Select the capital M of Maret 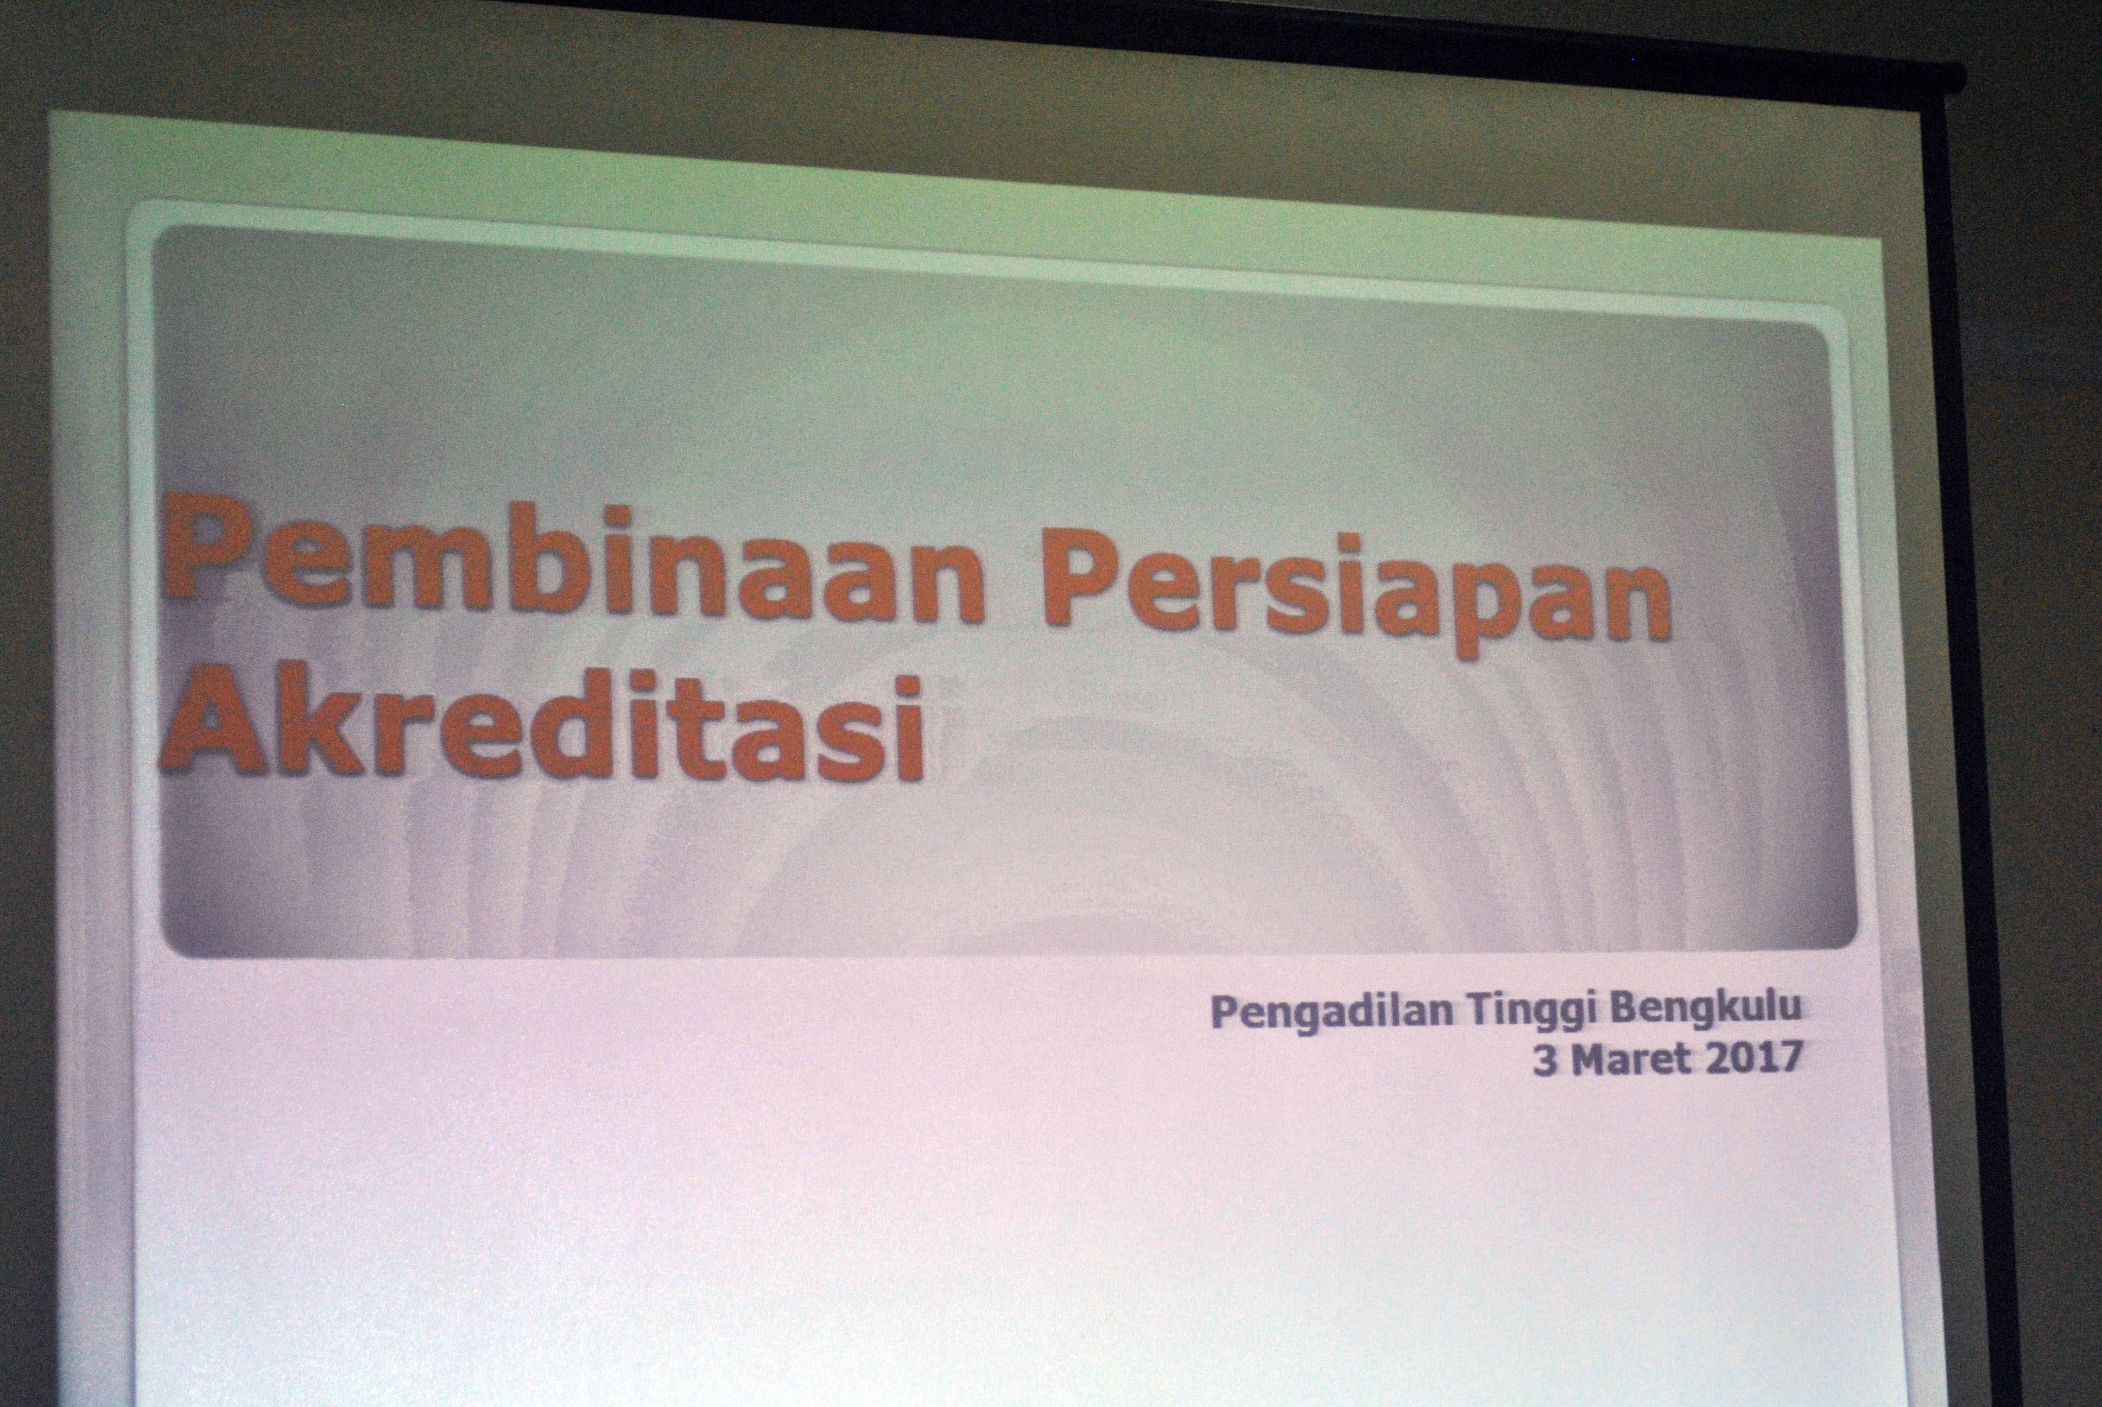pyautogui.click(x=1592, y=1060)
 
